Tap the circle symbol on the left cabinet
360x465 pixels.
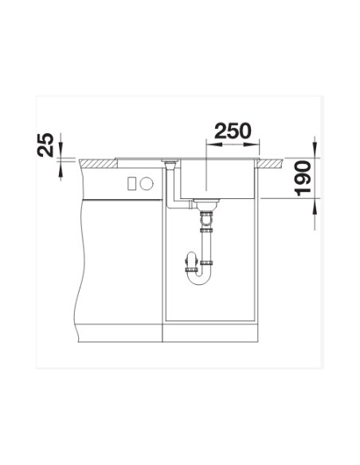tap(146, 184)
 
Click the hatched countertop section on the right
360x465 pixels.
tap(273, 163)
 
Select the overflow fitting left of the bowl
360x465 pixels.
tap(170, 164)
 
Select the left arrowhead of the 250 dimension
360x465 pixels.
tap(209, 144)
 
